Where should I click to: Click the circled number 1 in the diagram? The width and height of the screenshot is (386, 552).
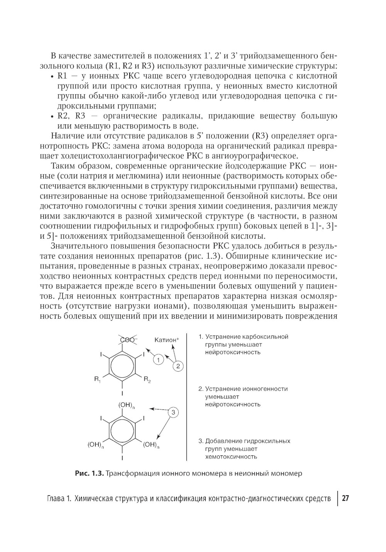[x=158, y=360]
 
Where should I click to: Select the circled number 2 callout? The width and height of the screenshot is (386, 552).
[x=178, y=366]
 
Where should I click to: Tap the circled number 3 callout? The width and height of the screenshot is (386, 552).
[x=173, y=413]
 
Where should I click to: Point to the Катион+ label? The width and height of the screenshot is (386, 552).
[x=167, y=340]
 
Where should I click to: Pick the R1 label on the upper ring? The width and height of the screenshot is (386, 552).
[x=98, y=379]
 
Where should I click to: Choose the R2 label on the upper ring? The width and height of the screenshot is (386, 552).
[x=147, y=380]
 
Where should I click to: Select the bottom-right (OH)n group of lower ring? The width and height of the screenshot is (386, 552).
[x=151, y=445]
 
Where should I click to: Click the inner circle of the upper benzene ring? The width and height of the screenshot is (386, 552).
[x=122, y=365]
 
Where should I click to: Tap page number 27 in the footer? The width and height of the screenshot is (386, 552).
[x=345, y=498]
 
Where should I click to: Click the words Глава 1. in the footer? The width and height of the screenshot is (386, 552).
[x=56, y=498]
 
